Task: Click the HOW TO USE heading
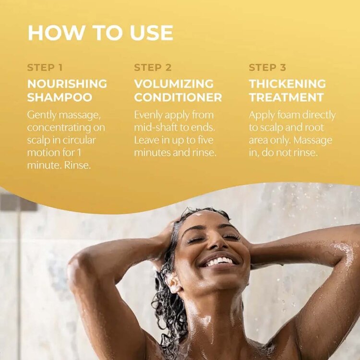click(x=100, y=33)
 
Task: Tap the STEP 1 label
click(x=45, y=68)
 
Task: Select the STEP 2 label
click(x=153, y=68)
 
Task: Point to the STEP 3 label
click(x=267, y=68)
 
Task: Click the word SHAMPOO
click(x=60, y=97)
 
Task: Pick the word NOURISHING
click(x=67, y=84)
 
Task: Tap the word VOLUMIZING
click(x=174, y=84)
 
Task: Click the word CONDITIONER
click(x=178, y=97)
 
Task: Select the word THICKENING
click(x=288, y=84)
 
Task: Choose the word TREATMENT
click(x=286, y=97)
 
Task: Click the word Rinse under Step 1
click(x=77, y=165)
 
